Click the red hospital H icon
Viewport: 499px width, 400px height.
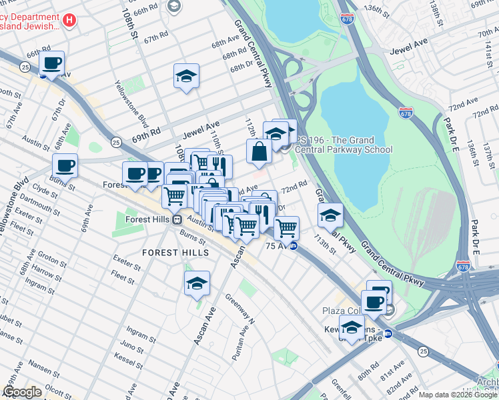click(68, 20)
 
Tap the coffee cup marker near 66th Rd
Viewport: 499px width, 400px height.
click(51, 64)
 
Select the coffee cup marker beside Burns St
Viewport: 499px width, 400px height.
click(65, 166)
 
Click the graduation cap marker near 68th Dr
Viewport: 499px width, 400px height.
click(187, 77)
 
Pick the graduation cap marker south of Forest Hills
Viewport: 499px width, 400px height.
click(197, 284)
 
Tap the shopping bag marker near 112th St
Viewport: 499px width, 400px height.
click(259, 151)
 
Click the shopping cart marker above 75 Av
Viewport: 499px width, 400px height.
click(286, 228)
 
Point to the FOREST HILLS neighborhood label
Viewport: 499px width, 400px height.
click(175, 253)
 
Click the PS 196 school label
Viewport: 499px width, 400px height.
click(344, 145)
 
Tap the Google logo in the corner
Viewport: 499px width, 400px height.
click(22, 391)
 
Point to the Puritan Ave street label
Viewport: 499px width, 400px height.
click(241, 347)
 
